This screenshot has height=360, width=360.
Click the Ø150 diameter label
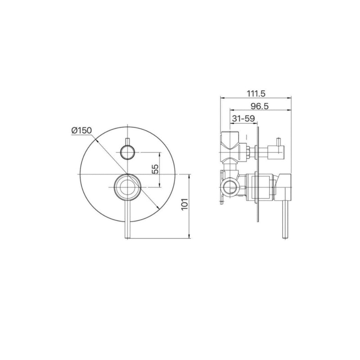point(81,130)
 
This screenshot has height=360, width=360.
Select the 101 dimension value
point(183,205)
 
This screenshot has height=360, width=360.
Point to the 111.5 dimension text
point(256,93)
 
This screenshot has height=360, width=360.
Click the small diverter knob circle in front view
point(128,153)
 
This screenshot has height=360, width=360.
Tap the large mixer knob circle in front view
point(128,186)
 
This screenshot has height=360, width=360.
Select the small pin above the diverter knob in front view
point(128,140)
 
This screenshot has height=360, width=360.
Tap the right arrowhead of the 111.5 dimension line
point(290,98)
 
